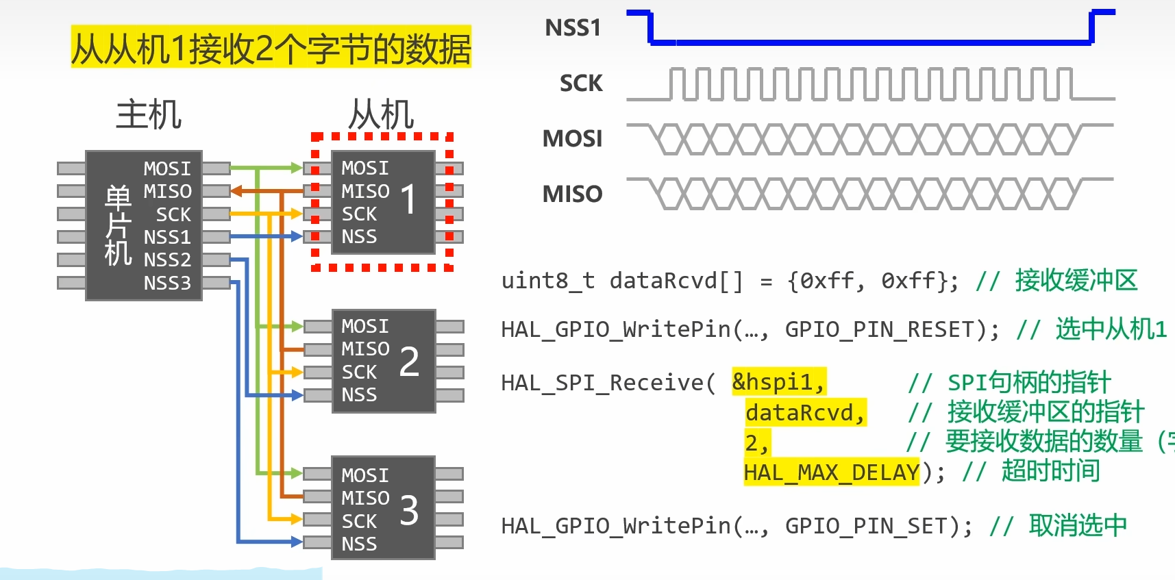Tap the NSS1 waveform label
coord(573,28)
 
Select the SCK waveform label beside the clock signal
coord(581,84)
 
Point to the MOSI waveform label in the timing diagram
coord(572,139)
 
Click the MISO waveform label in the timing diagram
coord(572,194)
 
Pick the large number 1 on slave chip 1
coord(408,199)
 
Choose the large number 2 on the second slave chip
coord(409,362)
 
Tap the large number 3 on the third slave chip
coord(409,510)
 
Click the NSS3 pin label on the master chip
coord(167,283)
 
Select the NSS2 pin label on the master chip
coord(167,260)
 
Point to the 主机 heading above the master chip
coord(149,114)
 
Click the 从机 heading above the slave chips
coord(381,114)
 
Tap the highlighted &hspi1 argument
coord(778,382)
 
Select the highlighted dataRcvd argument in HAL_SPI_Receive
coord(805,413)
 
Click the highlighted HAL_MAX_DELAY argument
coord(831,472)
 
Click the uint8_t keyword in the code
coord(547,281)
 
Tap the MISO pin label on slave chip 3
coord(365,498)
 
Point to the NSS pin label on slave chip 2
coord(359,395)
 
